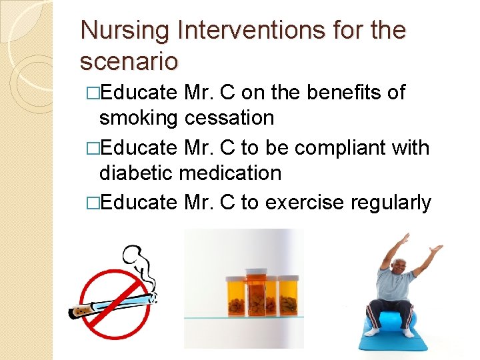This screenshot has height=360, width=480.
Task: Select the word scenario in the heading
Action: [129, 61]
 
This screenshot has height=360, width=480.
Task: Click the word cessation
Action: [229, 119]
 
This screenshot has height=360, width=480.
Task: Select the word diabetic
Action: [136, 173]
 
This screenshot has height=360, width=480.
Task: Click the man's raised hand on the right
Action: [436, 249]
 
